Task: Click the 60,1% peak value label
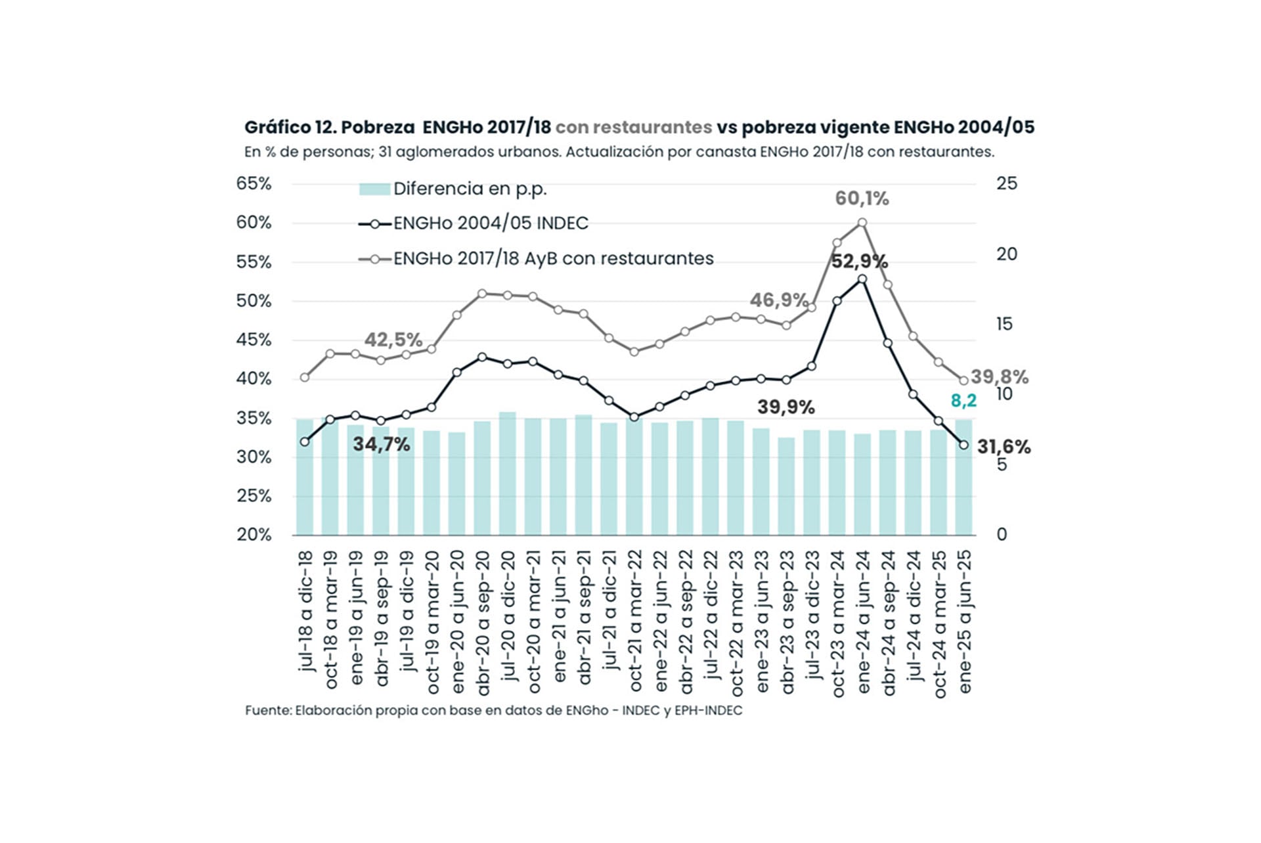tap(862, 198)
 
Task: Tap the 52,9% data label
tap(859, 262)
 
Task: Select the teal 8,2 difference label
tap(963, 400)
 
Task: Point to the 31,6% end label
tap(1004, 447)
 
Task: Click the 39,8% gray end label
tap(999, 377)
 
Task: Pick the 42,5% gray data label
tap(393, 340)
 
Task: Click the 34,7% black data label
tap(382, 445)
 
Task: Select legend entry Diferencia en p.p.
tap(470, 189)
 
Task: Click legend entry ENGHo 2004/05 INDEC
tap(490, 223)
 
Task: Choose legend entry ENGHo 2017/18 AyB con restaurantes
tap(553, 259)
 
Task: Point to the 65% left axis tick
tap(254, 184)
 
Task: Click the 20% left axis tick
tap(254, 535)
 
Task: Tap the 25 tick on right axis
tap(1006, 184)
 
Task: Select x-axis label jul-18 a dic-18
tap(305, 612)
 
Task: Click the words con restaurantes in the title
tap(633, 127)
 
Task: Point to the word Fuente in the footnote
tap(267, 711)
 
